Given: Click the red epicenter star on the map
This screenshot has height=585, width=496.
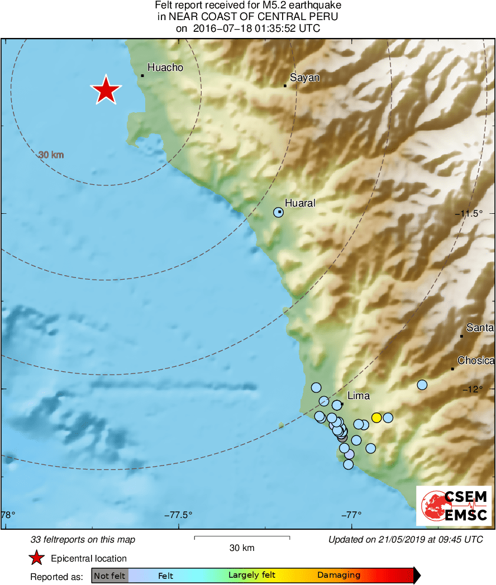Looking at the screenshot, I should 106,90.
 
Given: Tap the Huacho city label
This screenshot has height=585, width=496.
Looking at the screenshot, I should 165,68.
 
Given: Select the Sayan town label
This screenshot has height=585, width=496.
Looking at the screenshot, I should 304,78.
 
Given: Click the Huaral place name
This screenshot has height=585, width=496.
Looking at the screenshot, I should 300,203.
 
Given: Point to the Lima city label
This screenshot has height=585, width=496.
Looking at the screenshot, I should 359,396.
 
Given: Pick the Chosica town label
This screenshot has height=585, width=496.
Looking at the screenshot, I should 475,361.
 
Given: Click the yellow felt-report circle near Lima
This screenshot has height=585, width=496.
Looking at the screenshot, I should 376,418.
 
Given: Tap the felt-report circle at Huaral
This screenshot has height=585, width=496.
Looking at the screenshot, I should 278,212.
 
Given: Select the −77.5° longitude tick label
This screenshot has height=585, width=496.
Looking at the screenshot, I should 178,515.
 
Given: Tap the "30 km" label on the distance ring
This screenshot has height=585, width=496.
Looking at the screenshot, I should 51,155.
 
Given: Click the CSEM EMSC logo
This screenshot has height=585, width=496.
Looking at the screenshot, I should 454,506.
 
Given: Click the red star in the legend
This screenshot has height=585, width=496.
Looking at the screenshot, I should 37,558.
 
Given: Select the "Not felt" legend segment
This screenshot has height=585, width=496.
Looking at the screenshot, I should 109,575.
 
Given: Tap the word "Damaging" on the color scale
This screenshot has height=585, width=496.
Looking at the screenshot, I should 338,575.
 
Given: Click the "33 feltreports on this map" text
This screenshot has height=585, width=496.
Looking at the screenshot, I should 83,540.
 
